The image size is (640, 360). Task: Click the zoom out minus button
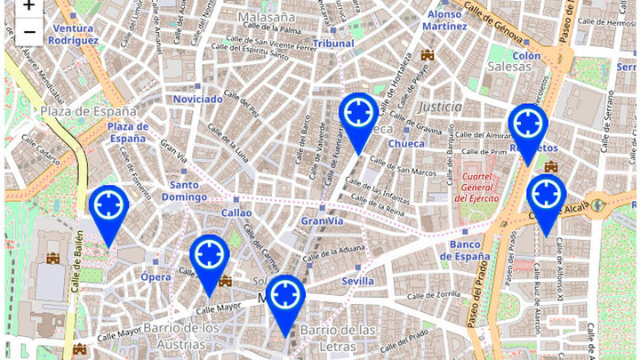(28, 32)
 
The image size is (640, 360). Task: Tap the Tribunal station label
(335, 43)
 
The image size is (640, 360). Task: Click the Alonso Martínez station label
(445, 20)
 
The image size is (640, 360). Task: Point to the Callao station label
(236, 212)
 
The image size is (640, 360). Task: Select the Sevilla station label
(357, 281)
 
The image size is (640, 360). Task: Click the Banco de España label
(469, 251)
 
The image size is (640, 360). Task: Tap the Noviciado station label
(197, 99)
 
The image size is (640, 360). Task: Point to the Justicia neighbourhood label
(439, 106)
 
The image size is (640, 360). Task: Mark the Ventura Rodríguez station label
(73, 34)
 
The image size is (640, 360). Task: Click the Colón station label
(525, 55)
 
